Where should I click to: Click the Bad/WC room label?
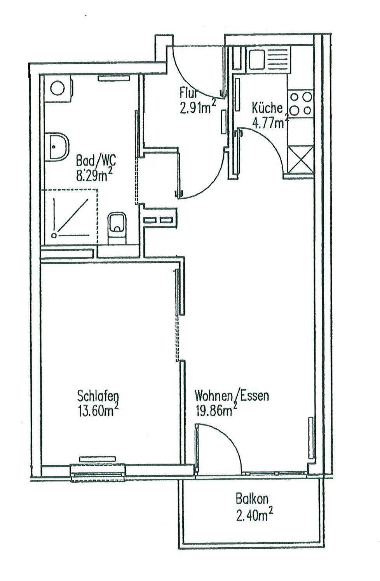96,161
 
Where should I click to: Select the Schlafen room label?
98,396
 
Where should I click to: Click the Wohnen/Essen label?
232,396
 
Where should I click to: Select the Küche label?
267,108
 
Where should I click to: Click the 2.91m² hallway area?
197,107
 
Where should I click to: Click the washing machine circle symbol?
58,88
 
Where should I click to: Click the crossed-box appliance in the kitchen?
301,159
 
